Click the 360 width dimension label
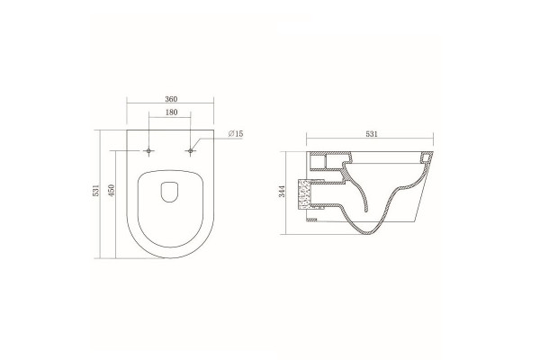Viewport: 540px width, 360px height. click(171, 99)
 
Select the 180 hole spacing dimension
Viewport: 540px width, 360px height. click(171, 112)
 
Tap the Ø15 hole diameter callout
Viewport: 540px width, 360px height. click(236, 134)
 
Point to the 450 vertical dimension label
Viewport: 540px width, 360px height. click(111, 191)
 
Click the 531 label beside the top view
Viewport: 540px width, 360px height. click(96, 191)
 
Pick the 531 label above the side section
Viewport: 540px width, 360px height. click(372, 134)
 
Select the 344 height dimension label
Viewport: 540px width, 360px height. click(283, 191)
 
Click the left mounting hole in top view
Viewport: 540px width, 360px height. click(148, 151)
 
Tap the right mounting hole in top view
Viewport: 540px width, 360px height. click(191, 151)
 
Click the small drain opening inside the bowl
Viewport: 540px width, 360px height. click(169, 192)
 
